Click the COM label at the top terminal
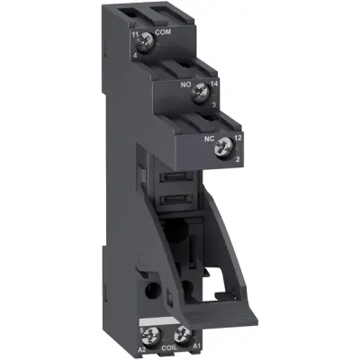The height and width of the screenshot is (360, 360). pyautogui.click(x=164, y=32)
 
